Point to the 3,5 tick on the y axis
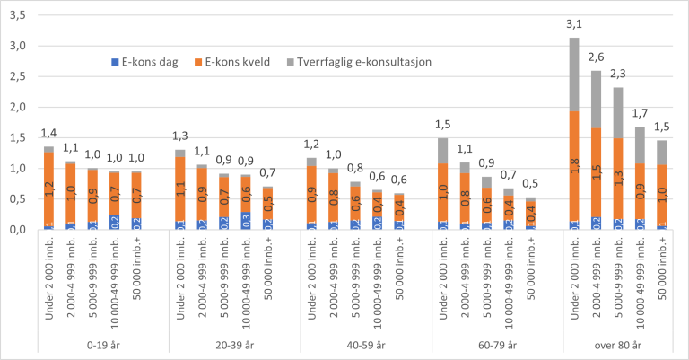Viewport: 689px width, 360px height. (x=17, y=15)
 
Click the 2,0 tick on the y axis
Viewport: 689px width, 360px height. (x=17, y=108)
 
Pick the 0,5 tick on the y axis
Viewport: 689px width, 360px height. (x=17, y=199)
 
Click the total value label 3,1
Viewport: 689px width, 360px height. (x=574, y=26)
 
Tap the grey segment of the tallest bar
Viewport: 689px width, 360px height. (x=574, y=75)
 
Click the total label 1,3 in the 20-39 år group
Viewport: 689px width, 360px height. (x=180, y=136)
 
